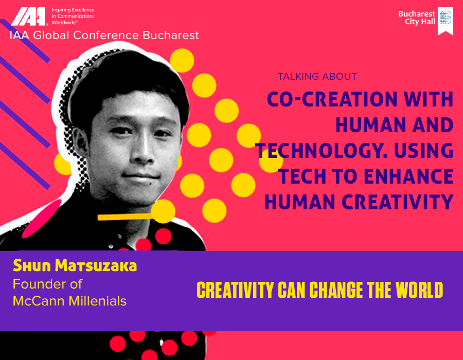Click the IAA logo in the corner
(28, 16)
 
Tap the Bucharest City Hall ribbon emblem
(446, 21)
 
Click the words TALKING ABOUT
(317, 77)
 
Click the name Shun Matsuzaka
(75, 265)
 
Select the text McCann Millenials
(69, 301)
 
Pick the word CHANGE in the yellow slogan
(336, 290)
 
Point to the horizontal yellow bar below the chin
(125, 217)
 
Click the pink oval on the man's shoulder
(42, 219)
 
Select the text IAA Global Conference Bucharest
(104, 35)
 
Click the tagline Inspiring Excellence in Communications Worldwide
(73, 16)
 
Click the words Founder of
(47, 284)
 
